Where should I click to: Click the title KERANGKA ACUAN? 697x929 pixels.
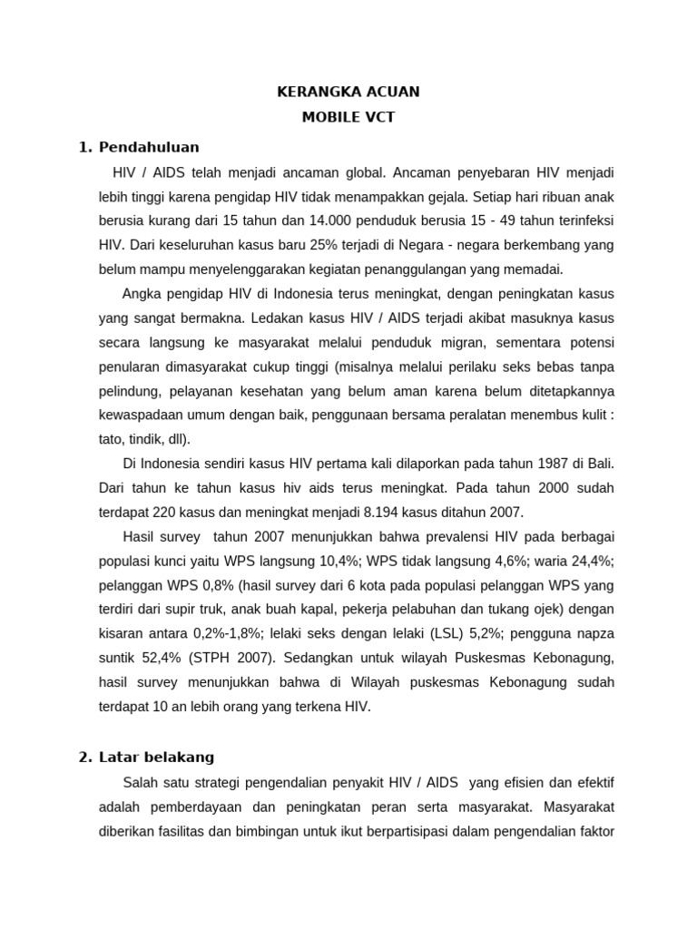pyautogui.click(x=348, y=92)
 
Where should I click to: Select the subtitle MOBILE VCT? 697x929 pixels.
pyautogui.click(x=348, y=118)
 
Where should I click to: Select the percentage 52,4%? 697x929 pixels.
pyautogui.click(x=156, y=659)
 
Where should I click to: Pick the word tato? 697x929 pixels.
pyautogui.click(x=113, y=439)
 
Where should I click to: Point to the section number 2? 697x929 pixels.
pyautogui.click(x=85, y=756)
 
